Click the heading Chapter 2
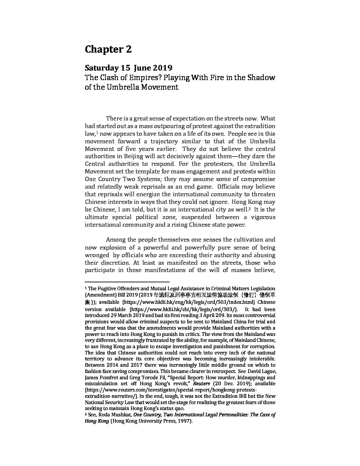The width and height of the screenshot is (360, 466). pyautogui.click(x=108, y=49)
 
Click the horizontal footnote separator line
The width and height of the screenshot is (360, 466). pyautogui.click(x=127, y=282)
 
